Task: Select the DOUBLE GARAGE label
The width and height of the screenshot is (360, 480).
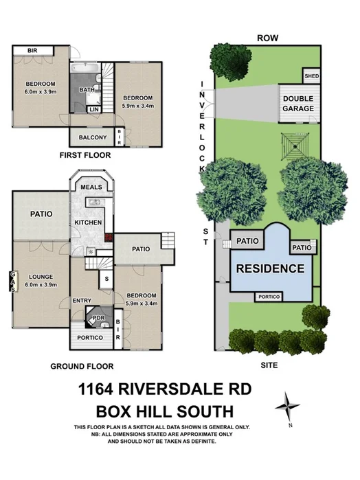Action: click(299, 104)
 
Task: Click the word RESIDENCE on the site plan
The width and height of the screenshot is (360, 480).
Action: click(269, 268)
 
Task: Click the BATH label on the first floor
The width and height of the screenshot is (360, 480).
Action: click(87, 91)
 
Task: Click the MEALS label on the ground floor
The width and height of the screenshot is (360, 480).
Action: click(91, 187)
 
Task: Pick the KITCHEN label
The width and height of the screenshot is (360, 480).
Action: click(89, 223)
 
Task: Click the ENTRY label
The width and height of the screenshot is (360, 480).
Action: click(82, 301)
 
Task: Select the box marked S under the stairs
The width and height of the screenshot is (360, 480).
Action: click(106, 279)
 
